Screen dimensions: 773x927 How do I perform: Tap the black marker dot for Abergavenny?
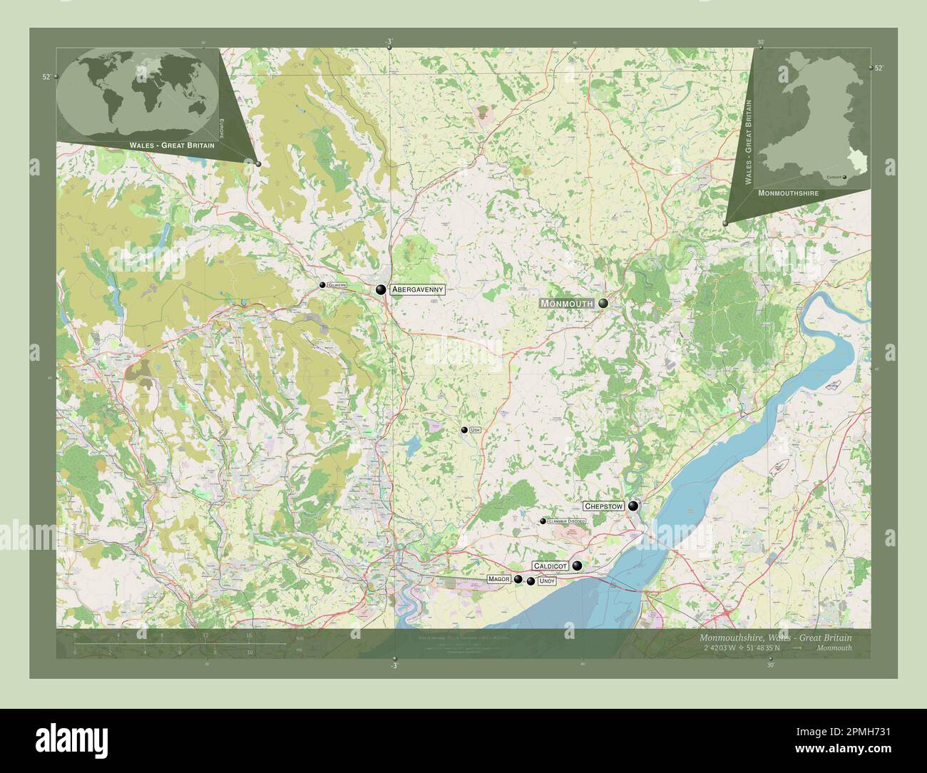click(x=381, y=290)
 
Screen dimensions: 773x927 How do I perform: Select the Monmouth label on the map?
click(x=567, y=304)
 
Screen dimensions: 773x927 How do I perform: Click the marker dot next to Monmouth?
click(x=603, y=304)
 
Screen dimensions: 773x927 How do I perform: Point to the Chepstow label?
click(x=603, y=506)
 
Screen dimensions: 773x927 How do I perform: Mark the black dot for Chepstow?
click(x=632, y=506)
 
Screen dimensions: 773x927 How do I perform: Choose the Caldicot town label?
click(x=550, y=565)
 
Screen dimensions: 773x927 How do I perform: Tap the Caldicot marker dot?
click(x=577, y=565)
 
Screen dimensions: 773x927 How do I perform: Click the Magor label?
click(x=499, y=579)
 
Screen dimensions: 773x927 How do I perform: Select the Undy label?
click(x=547, y=582)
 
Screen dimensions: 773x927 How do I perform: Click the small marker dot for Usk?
click(x=464, y=430)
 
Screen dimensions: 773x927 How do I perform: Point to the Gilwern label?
click(x=337, y=285)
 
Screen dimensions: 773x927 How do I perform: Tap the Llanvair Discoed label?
click(x=567, y=521)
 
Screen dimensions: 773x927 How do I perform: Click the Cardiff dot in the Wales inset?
click(x=844, y=177)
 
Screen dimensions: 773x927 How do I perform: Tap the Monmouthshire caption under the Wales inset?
click(x=788, y=193)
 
